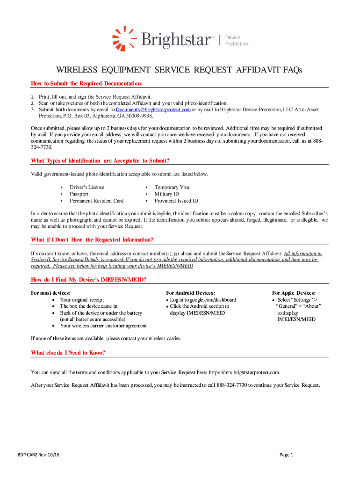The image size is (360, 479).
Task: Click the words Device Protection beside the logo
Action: (x=237, y=40)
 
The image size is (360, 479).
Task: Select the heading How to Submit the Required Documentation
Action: (x=86, y=83)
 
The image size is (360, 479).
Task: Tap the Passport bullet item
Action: (x=79, y=194)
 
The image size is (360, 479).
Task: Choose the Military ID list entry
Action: (x=167, y=194)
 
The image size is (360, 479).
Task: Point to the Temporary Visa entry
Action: (x=172, y=187)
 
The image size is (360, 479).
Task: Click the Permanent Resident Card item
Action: (x=96, y=201)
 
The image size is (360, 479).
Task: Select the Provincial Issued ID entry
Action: (x=176, y=201)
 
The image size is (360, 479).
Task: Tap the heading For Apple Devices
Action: (x=294, y=292)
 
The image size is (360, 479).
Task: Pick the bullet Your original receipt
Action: (x=82, y=299)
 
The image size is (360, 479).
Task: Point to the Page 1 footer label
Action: (x=286, y=455)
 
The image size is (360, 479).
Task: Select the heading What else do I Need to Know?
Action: (x=68, y=353)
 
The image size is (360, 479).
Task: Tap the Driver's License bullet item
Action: (x=87, y=187)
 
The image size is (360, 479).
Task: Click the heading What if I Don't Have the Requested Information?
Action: (x=92, y=239)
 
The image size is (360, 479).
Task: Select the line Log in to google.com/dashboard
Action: (x=203, y=299)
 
